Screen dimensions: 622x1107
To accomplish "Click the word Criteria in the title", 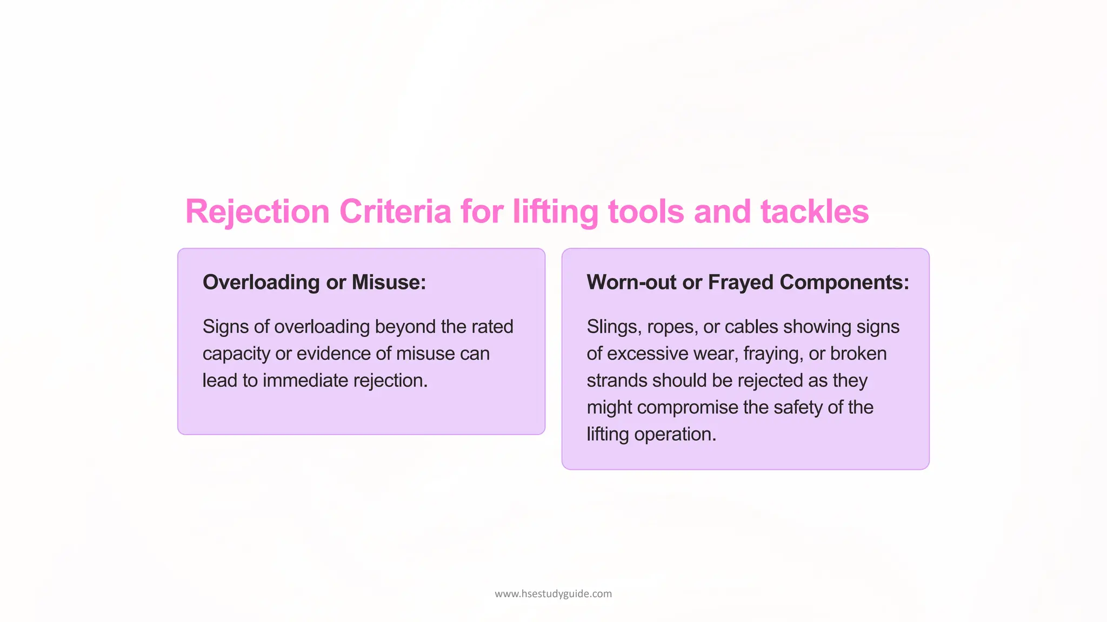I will (395, 211).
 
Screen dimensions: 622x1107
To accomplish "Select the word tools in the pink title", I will (646, 211).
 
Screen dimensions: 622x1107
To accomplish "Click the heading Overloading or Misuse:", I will (314, 282).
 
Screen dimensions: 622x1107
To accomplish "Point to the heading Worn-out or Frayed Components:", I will (748, 282).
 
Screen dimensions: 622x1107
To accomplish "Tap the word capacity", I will (236, 354).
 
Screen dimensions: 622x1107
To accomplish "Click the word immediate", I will (305, 381).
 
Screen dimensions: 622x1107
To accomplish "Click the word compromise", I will (688, 408).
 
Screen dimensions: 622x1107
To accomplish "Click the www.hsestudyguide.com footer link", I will (553, 594).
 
